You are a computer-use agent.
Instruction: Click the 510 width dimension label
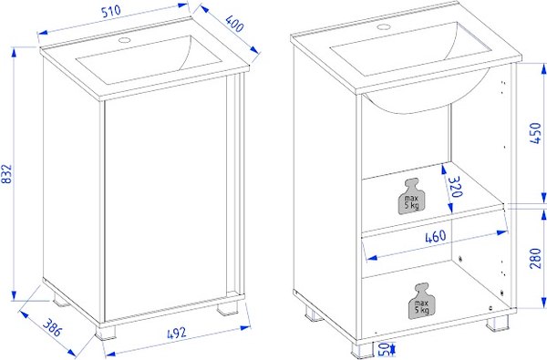[111, 11]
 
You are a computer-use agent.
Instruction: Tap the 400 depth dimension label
[234, 24]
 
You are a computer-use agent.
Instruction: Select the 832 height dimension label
[7, 174]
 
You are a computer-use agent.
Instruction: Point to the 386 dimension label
[52, 328]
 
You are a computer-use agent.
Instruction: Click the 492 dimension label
[177, 334]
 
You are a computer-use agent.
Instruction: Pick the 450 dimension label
[535, 133]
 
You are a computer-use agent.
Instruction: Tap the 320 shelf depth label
[456, 187]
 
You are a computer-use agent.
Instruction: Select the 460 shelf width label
[436, 237]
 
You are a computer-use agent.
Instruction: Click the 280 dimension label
[535, 259]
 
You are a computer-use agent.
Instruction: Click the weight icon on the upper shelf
[412, 196]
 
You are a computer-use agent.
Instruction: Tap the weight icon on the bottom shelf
[421, 301]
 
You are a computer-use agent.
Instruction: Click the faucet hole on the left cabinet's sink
[124, 40]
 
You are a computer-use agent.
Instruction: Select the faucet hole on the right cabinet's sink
[384, 26]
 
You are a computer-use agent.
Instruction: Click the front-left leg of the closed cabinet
[106, 333]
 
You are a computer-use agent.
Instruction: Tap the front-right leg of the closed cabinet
[227, 308]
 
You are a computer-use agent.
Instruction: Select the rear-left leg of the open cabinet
[314, 313]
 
